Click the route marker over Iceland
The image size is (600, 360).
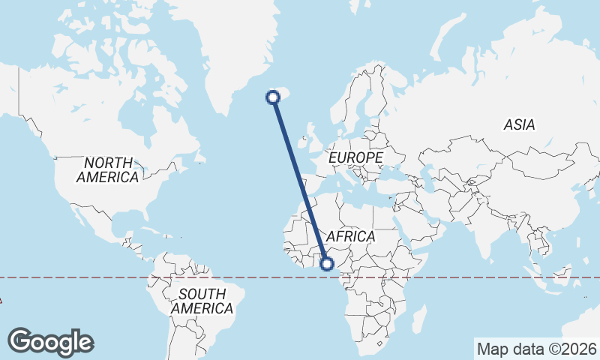click(x=274, y=96)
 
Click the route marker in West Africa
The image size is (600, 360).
click(x=327, y=263)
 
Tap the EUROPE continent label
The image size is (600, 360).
click(x=355, y=158)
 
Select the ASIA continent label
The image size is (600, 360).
click(x=519, y=124)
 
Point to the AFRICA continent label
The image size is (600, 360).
click(x=350, y=236)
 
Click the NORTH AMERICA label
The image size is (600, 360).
click(x=108, y=170)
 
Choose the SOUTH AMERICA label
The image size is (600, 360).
click(x=202, y=301)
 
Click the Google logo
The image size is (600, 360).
click(x=50, y=341)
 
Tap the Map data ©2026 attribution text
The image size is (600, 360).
click(x=537, y=349)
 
